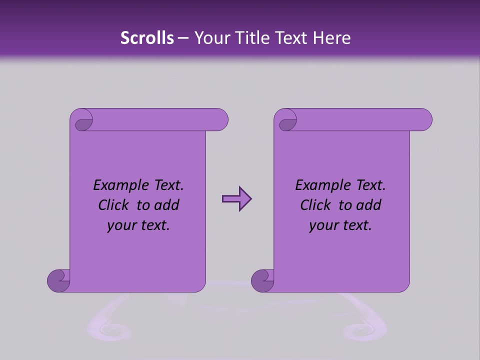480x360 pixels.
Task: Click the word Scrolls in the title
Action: point(147,38)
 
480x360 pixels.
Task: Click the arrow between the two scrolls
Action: point(236,199)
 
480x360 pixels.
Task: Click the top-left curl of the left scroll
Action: point(82,123)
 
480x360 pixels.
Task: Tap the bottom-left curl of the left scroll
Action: point(58,280)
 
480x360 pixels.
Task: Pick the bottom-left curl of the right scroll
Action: point(262,280)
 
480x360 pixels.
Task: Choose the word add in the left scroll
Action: point(167,205)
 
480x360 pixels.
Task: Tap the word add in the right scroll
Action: point(369,205)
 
